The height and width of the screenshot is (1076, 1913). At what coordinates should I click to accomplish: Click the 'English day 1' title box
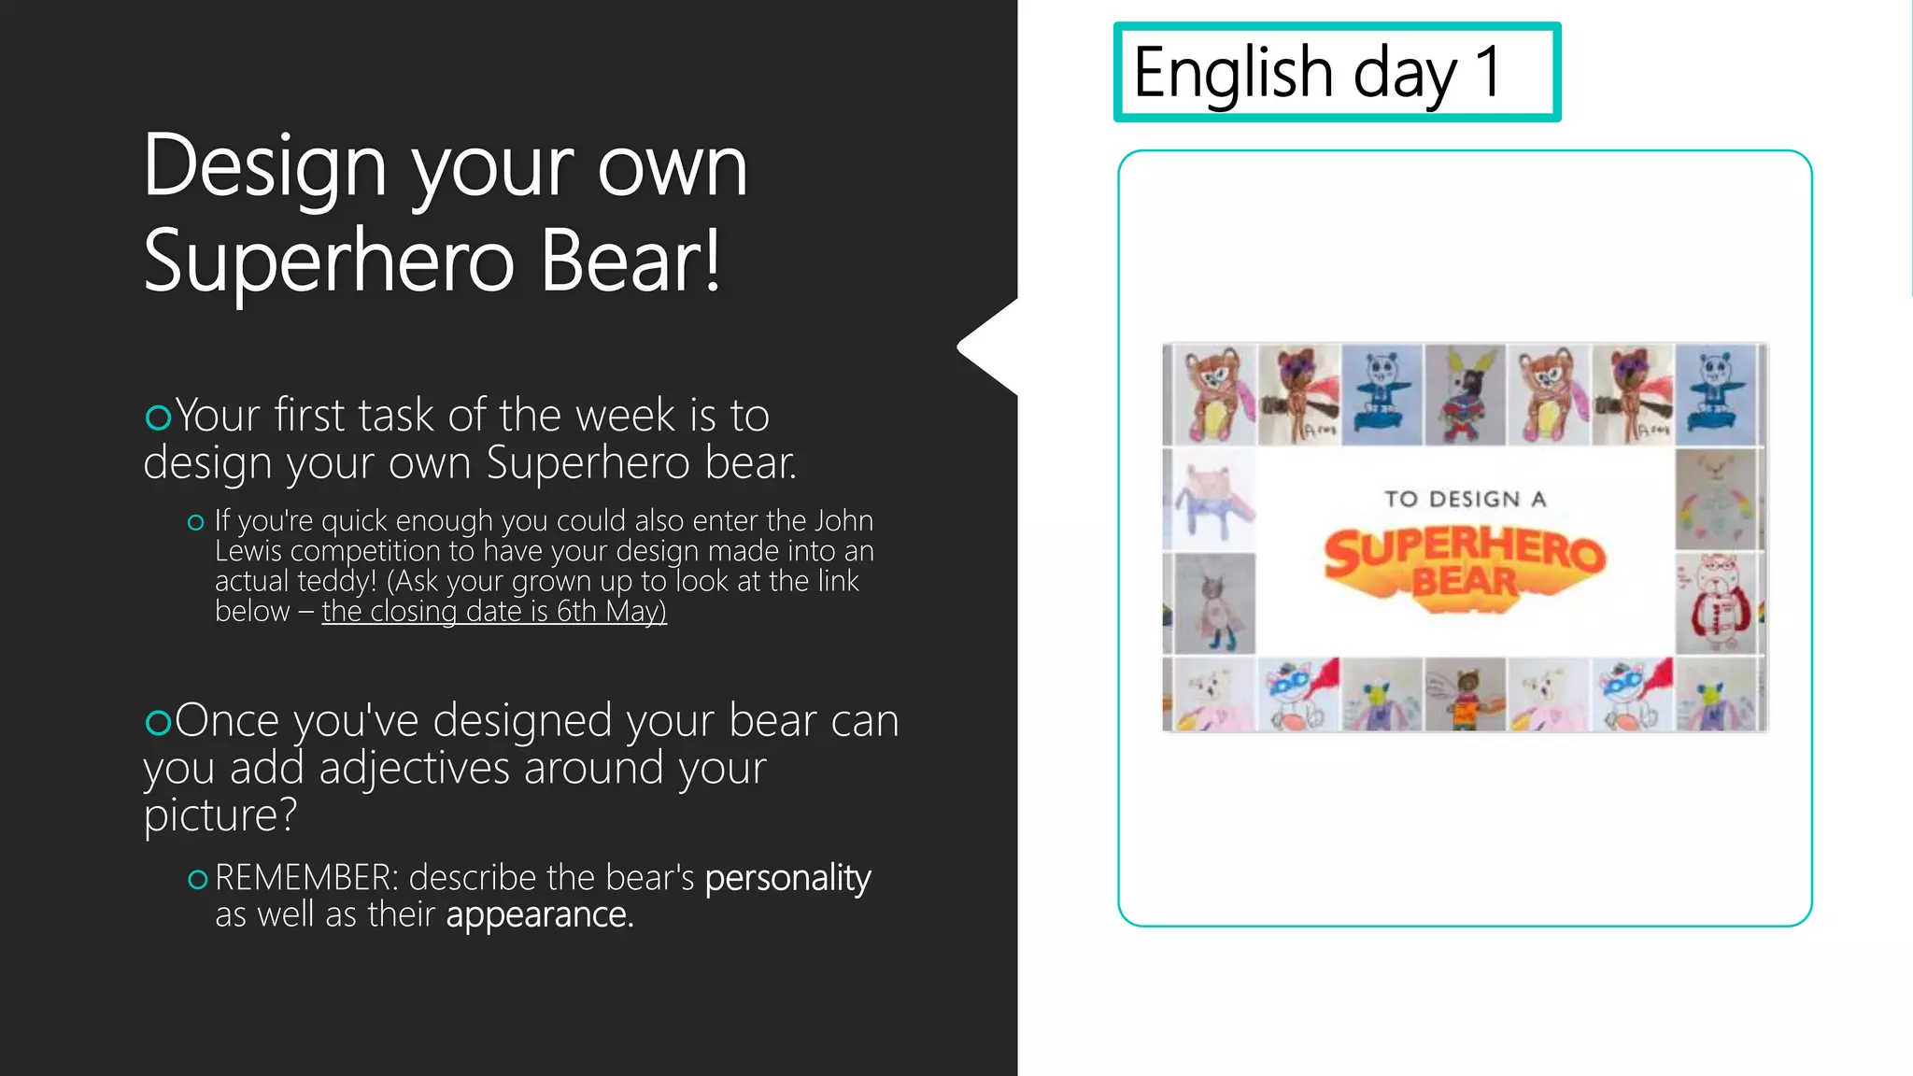1337,72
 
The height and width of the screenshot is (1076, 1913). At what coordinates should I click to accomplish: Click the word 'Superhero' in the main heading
329,261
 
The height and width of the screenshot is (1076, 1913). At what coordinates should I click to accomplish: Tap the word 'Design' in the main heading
264,166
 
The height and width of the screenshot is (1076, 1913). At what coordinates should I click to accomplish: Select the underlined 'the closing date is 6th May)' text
494,611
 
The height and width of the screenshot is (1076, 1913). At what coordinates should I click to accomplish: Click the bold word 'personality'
787,878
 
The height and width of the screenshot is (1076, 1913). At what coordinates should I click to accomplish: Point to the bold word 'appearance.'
539,915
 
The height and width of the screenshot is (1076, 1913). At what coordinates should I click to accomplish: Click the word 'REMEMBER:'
306,878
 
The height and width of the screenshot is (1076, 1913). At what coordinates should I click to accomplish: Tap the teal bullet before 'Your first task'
158,417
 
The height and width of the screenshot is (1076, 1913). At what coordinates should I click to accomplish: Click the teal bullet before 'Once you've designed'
158,722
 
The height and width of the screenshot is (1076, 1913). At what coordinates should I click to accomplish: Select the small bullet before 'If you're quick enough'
195,522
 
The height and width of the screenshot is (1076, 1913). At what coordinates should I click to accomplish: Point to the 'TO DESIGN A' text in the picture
1465,499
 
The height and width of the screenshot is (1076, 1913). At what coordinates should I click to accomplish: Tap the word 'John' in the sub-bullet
843,520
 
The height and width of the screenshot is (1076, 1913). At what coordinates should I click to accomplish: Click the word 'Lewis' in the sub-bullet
248,551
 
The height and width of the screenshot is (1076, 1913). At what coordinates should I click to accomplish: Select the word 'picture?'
220,814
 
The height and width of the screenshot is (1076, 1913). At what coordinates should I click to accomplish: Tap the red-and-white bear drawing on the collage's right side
1717,604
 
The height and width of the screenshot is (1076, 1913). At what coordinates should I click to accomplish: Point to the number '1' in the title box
1487,72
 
